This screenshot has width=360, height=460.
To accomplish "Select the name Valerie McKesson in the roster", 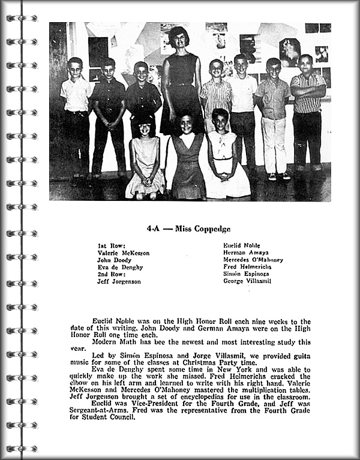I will click(x=123, y=253).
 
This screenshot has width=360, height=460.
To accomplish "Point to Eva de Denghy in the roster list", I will click(x=118, y=267).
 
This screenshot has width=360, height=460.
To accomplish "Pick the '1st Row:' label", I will click(x=109, y=246).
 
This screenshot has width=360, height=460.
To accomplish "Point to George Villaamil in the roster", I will click(x=247, y=281).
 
